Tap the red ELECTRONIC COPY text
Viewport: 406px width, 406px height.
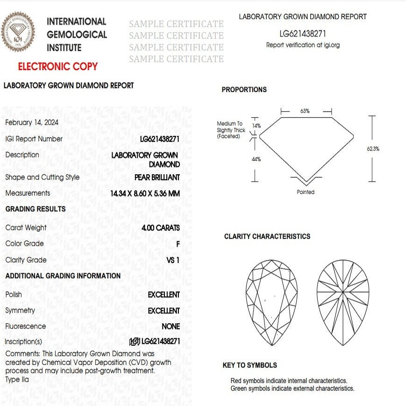click(x=58, y=66)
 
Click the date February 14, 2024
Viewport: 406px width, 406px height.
click(x=32, y=122)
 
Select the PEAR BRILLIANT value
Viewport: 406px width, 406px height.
click(x=157, y=178)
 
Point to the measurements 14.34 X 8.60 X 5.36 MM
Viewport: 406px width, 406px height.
click(x=145, y=193)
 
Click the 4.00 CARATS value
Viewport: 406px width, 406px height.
click(x=161, y=228)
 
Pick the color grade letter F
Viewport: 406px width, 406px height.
click(x=178, y=244)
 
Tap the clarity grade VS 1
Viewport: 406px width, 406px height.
click(x=173, y=260)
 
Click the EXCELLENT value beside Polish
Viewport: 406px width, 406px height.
click(x=164, y=295)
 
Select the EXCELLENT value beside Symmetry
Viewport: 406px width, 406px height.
click(x=164, y=311)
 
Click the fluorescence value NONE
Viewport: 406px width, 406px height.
click(x=171, y=327)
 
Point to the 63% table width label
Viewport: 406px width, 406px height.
click(x=305, y=111)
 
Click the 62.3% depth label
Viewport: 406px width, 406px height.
click(x=373, y=149)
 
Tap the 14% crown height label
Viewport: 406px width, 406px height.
click(x=256, y=126)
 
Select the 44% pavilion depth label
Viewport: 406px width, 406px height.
click(x=256, y=159)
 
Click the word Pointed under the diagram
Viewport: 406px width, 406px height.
click(x=306, y=192)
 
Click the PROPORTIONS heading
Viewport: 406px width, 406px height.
click(x=244, y=90)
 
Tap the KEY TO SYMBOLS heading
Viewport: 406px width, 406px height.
click(x=249, y=365)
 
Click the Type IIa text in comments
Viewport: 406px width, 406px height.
click(x=17, y=379)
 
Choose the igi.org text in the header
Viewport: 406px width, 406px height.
click(x=332, y=45)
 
